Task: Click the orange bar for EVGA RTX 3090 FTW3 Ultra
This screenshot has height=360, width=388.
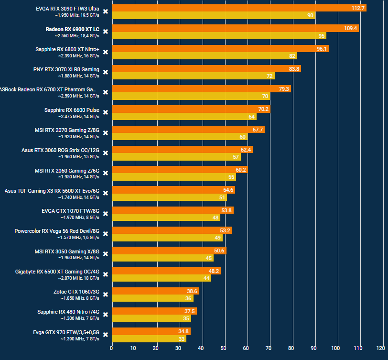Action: pyautogui.click(x=239, y=8)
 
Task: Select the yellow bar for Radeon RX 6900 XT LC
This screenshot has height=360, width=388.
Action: pyautogui.click(x=219, y=36)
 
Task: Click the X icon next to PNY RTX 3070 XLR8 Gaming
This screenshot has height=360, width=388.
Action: pyautogui.click(x=106, y=72)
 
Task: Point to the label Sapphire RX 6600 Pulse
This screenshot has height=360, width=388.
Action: pyautogui.click(x=72, y=110)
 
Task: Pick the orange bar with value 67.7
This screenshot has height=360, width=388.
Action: pyautogui.click(x=188, y=130)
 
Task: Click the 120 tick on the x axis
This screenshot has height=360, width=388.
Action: pyautogui.click(x=381, y=348)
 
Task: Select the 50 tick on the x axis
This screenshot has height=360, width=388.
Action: pyautogui.click(x=224, y=348)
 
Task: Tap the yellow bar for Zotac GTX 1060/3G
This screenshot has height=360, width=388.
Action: pyautogui.click(x=152, y=298)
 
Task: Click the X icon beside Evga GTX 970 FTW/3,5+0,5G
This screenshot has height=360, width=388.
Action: pyautogui.click(x=106, y=335)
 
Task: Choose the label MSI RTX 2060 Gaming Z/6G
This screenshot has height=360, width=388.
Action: pyautogui.click(x=67, y=170)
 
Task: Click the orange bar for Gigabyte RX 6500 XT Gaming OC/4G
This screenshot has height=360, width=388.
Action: pyautogui.click(x=166, y=271)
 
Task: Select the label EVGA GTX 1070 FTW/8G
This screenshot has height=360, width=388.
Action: pyautogui.click(x=71, y=210)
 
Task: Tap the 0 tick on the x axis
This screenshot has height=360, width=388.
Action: pyautogui.click(x=112, y=348)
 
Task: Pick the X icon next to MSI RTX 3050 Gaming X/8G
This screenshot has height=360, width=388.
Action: pyautogui.click(x=106, y=254)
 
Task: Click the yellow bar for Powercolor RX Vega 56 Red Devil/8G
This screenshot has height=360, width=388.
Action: pyautogui.click(x=167, y=238)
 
